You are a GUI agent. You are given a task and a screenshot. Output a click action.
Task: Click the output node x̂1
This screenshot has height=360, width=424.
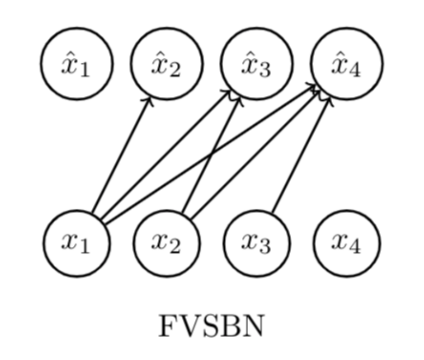77,64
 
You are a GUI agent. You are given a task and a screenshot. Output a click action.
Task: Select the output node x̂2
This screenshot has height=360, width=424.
167,64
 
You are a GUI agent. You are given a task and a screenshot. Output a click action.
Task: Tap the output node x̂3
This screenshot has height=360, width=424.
257,64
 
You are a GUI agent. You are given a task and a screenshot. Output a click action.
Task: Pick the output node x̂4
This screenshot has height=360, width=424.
346,64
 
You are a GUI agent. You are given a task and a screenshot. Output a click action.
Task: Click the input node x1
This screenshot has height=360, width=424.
77,243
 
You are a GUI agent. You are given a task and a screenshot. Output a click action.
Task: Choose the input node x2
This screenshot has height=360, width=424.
167,243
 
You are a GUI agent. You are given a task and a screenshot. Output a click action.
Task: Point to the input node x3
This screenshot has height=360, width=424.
257,243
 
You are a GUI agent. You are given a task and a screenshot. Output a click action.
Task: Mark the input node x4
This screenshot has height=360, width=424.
346,243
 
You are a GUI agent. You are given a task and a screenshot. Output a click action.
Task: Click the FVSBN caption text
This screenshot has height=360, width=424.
211,328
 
